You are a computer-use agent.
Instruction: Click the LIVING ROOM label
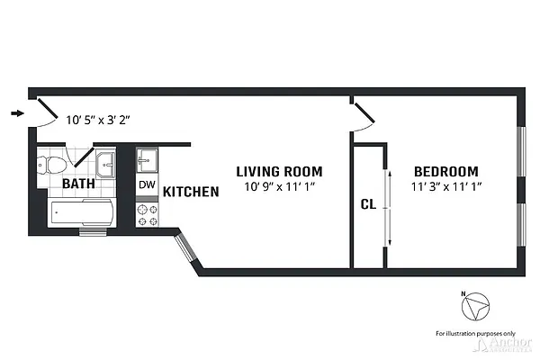[x=279, y=171]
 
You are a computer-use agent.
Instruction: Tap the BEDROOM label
[x=445, y=171]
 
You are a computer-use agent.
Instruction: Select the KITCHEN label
[x=192, y=192]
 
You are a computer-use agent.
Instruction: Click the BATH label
[x=79, y=184]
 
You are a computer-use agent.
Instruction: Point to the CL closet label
[x=367, y=204]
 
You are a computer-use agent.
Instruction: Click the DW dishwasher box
[x=146, y=184]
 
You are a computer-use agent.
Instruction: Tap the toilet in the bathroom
[x=52, y=166]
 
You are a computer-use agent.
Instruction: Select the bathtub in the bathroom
[x=82, y=214]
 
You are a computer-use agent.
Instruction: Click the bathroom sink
[x=106, y=163]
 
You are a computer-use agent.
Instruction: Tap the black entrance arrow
[x=17, y=113]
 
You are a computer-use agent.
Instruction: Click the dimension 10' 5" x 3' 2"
[x=99, y=118]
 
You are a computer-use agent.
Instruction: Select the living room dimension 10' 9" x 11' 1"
[x=279, y=186]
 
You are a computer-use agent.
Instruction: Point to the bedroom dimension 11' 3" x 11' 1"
[x=445, y=186]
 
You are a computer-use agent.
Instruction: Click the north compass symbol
[x=474, y=309]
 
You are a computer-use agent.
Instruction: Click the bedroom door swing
[x=362, y=115]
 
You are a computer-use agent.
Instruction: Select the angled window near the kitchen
[x=185, y=247]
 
